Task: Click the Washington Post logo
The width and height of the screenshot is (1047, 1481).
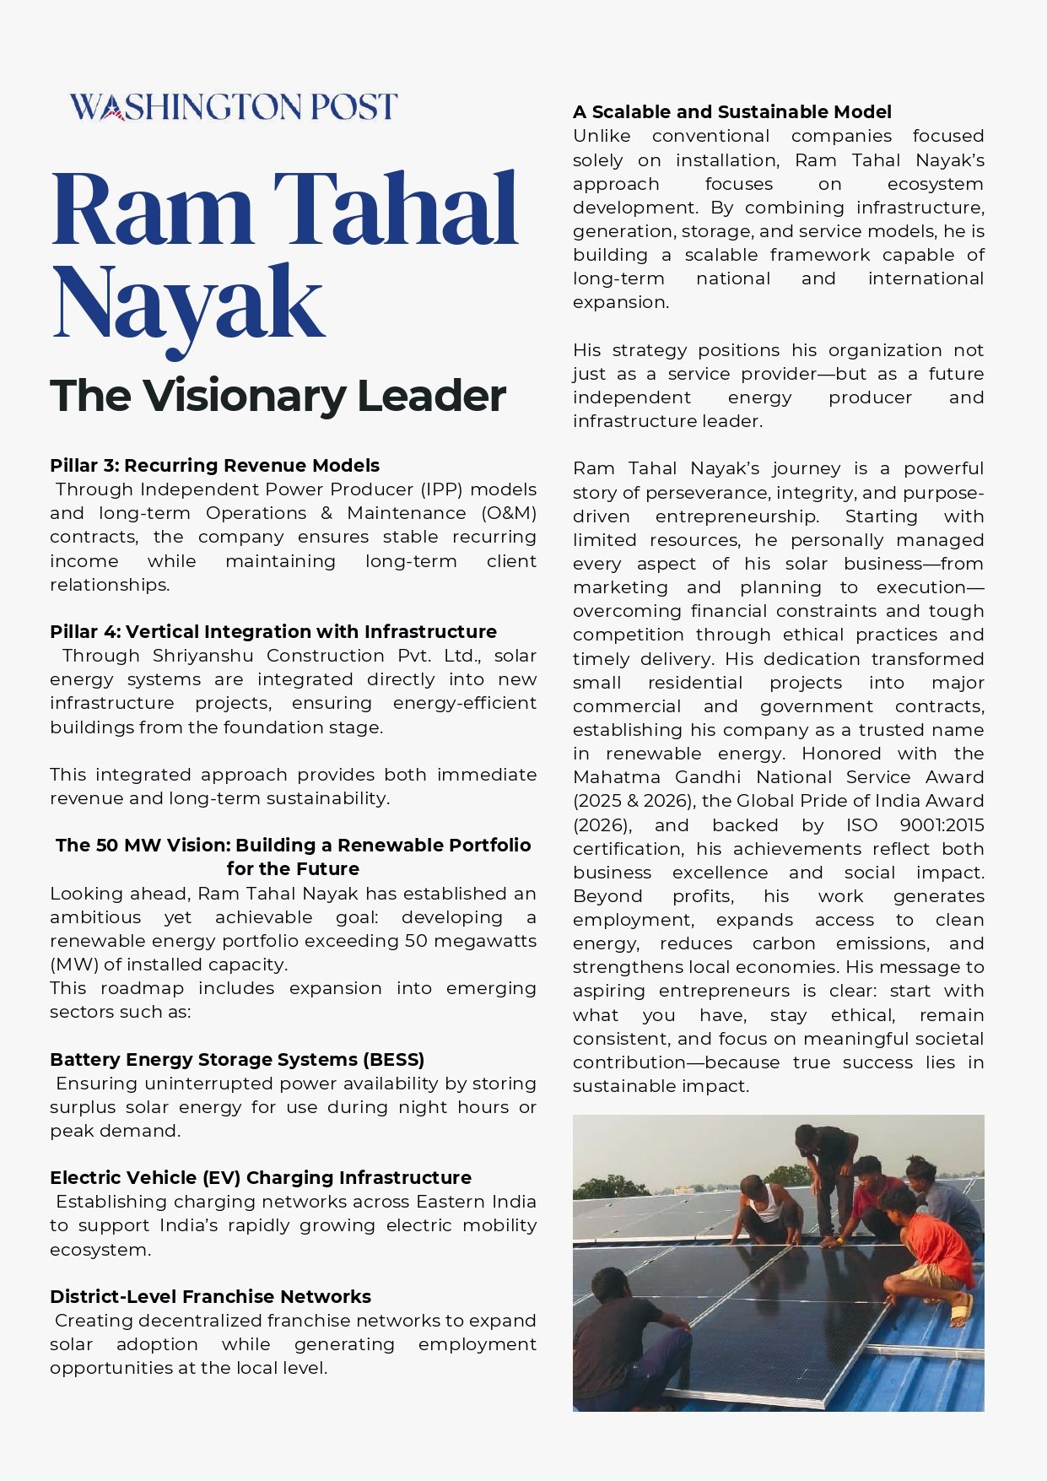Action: click(x=233, y=107)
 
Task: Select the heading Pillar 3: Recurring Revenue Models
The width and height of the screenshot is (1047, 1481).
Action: click(x=214, y=466)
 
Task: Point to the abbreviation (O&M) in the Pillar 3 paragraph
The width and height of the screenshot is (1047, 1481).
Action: click(x=509, y=513)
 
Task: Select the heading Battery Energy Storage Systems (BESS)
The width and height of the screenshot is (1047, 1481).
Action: click(x=237, y=1060)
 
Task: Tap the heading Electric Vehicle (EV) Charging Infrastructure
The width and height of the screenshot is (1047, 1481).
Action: click(x=261, y=1178)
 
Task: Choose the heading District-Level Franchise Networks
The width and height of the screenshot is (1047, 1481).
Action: click(x=210, y=1297)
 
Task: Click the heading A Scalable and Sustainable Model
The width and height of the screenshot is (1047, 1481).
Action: click(x=731, y=112)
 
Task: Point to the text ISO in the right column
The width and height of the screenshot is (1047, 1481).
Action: click(x=861, y=825)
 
